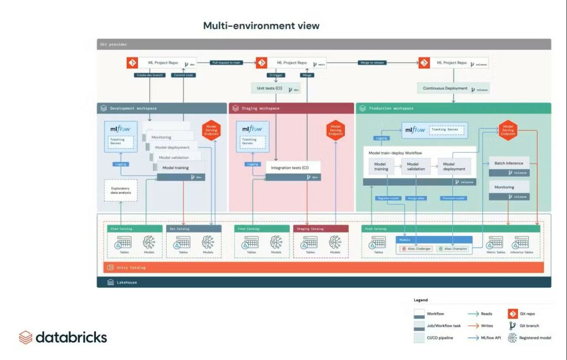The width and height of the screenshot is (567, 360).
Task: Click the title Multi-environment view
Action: click(x=261, y=25)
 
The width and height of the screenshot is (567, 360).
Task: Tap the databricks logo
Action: click(x=63, y=337)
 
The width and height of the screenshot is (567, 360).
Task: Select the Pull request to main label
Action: click(x=225, y=63)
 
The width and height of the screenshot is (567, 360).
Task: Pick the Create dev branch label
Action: click(x=150, y=75)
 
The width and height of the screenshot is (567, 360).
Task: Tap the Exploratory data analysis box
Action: click(x=121, y=190)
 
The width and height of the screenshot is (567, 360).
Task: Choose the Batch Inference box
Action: click(x=509, y=163)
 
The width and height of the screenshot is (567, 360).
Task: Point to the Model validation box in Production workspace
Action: click(x=416, y=167)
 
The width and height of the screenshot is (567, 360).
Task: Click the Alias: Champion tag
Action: click(x=452, y=249)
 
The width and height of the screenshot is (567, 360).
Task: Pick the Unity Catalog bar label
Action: click(x=131, y=268)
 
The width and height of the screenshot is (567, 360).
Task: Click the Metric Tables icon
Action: click(x=495, y=243)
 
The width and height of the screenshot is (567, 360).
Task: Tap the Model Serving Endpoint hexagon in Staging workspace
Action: click(x=336, y=130)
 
